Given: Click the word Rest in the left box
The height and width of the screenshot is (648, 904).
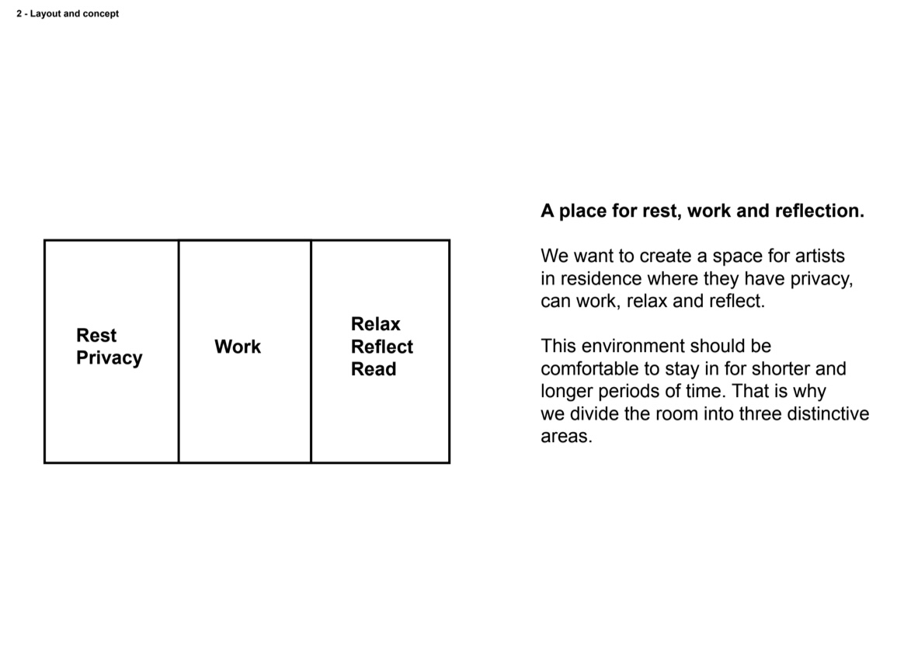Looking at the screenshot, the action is pyautogui.click(x=96, y=335).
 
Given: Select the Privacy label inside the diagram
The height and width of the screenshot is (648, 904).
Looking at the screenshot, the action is pyautogui.click(x=109, y=358).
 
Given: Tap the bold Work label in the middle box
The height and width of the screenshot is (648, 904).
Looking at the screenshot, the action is pyautogui.click(x=238, y=347).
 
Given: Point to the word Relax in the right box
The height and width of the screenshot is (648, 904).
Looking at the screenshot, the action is pyautogui.click(x=375, y=324).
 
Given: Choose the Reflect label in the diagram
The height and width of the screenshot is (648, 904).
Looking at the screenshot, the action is pyautogui.click(x=381, y=347).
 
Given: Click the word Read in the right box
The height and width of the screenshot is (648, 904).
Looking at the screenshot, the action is pyautogui.click(x=374, y=369).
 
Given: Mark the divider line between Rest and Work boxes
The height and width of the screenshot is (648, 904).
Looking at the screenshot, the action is pyautogui.click(x=179, y=351).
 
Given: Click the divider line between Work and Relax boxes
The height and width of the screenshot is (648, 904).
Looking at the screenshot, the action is pyautogui.click(x=311, y=351).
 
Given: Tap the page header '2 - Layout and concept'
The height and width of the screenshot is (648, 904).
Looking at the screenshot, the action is pyautogui.click(x=68, y=13).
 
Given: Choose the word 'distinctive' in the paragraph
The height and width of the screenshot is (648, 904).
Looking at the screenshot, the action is pyautogui.click(x=828, y=413).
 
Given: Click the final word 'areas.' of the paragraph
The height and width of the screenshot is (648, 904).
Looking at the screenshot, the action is pyautogui.click(x=566, y=436).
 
